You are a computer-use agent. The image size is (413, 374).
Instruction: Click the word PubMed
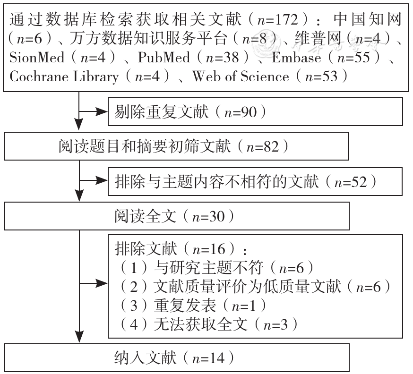[x=164, y=58]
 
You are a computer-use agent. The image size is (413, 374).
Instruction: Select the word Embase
[x=296, y=58]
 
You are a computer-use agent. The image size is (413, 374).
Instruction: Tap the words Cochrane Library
[x=64, y=77]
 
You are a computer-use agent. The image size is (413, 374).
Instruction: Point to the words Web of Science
[x=241, y=76]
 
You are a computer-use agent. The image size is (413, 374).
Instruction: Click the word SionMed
[x=37, y=58]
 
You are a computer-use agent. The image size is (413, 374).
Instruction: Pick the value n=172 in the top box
[x=278, y=20]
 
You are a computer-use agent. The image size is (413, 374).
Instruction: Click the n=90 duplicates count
[x=241, y=112]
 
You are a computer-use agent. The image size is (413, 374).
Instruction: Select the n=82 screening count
[x=263, y=147]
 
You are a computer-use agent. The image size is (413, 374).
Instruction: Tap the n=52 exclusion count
[x=351, y=182]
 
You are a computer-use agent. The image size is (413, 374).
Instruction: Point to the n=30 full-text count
[x=208, y=217]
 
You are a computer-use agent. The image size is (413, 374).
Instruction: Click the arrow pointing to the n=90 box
[x=94, y=111]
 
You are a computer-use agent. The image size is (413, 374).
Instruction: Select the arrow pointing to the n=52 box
[x=94, y=180]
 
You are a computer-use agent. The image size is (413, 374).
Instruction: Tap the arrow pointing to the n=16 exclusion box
[x=94, y=283]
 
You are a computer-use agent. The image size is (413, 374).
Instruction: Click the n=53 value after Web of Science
[x=321, y=76]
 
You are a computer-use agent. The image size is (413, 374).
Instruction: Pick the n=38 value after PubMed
[x=222, y=58]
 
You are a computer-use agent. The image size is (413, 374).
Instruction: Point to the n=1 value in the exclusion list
[x=244, y=306]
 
